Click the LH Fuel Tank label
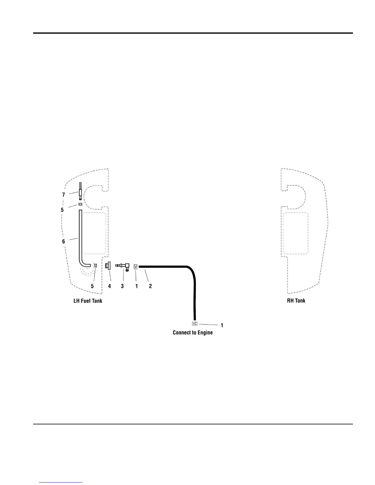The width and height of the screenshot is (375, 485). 88,301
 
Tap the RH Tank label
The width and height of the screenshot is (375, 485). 296,300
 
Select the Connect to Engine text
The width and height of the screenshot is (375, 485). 192,333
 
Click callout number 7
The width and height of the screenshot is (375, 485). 63,195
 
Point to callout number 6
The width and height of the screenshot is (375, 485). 63,241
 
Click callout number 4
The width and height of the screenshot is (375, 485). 109,286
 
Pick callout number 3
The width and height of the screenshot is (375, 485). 122,286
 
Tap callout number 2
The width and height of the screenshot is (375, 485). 150,286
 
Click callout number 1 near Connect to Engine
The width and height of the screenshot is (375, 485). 222,325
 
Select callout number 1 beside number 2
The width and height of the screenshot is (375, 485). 136,286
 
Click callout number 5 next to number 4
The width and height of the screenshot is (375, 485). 92,286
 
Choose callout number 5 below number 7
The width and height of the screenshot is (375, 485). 62,210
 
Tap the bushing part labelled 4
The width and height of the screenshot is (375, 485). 108,266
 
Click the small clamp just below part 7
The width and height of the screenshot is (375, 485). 80,204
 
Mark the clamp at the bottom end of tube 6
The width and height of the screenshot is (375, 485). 95,265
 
